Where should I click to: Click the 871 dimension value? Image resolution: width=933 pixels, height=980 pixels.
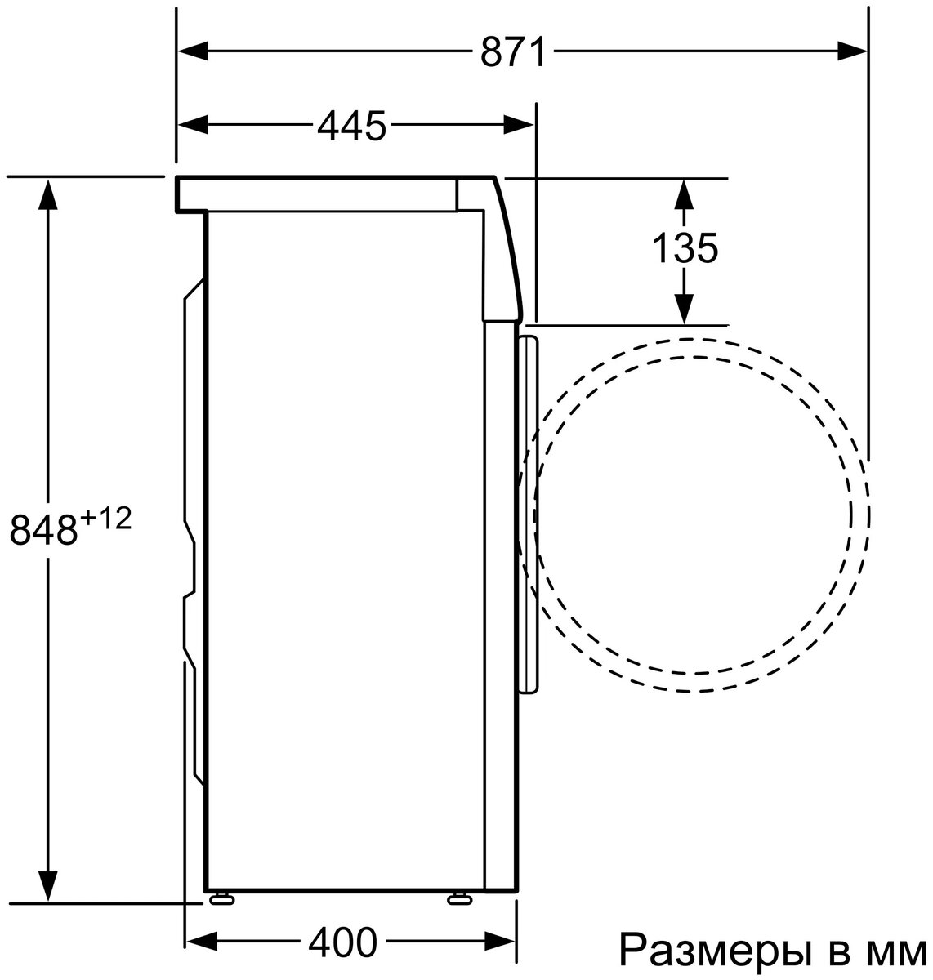pos(513,51)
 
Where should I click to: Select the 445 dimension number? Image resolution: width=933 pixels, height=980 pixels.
pos(351,125)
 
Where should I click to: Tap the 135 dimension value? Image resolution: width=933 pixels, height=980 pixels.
pos(685,247)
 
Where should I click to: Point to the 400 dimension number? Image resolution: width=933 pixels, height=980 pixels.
pos(342,943)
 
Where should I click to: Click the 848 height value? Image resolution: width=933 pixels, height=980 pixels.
pos(44,529)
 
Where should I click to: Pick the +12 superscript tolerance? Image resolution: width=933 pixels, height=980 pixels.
pos(106,519)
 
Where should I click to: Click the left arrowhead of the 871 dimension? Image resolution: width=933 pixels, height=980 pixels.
pos(193,51)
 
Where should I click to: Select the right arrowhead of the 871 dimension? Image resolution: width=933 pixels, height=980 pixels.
pos(852,51)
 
